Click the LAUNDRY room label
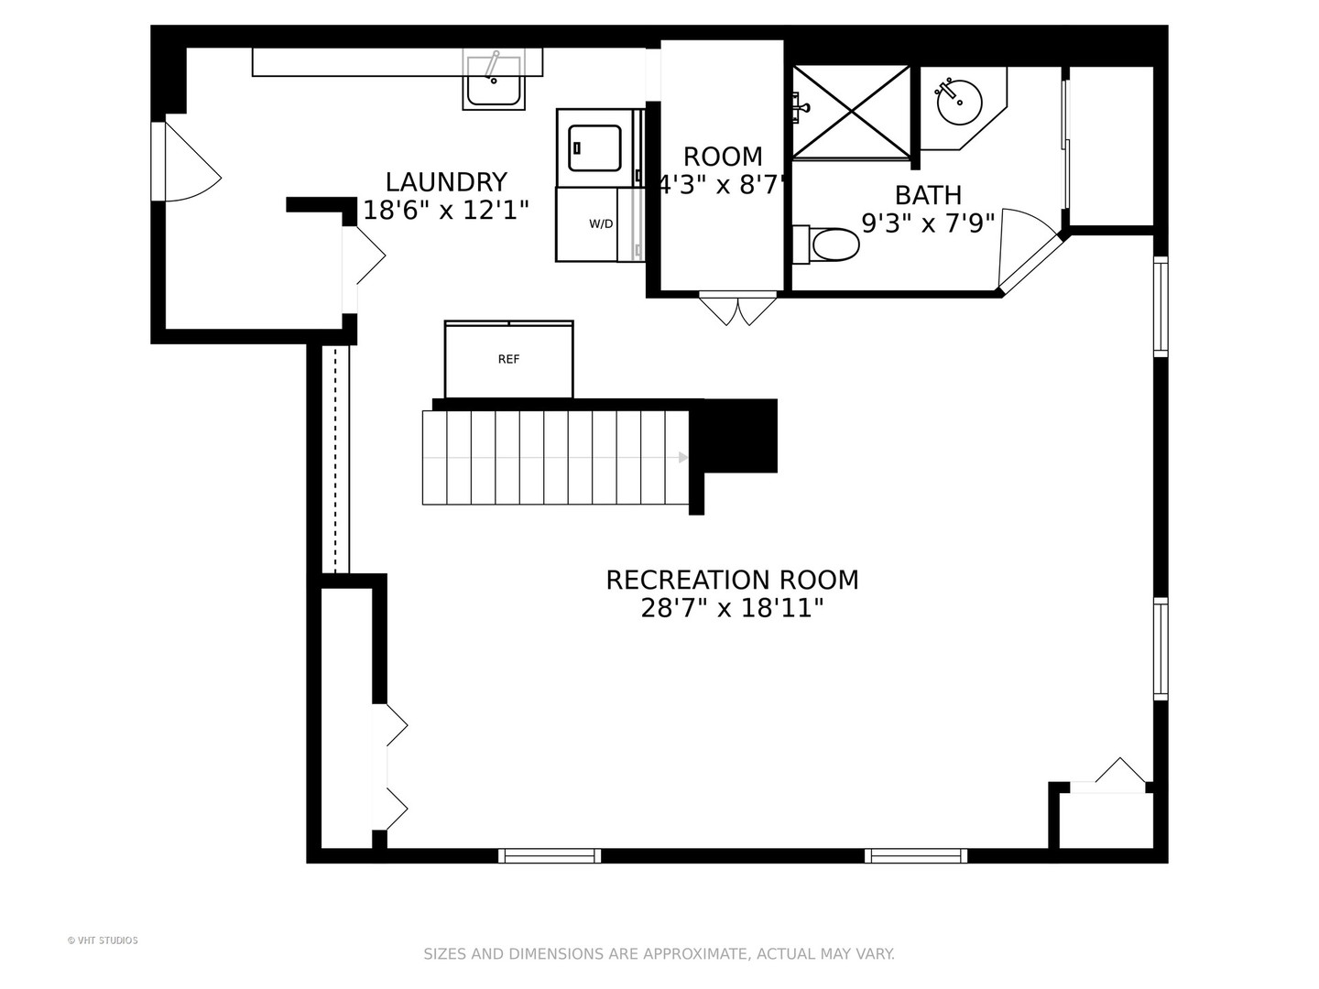point(446,182)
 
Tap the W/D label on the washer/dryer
point(601,224)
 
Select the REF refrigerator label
point(508,359)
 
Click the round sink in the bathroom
point(959,102)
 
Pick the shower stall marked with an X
point(851,112)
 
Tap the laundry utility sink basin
point(494,80)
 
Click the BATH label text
point(928,195)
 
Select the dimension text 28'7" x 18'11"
point(731,608)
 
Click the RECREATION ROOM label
point(732,580)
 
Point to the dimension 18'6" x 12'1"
point(446,211)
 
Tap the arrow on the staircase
point(682,458)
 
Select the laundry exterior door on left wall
point(186,161)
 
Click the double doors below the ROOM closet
point(738,309)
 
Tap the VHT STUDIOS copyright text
point(103,940)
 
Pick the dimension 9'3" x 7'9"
point(928,223)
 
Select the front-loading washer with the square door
point(594,147)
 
